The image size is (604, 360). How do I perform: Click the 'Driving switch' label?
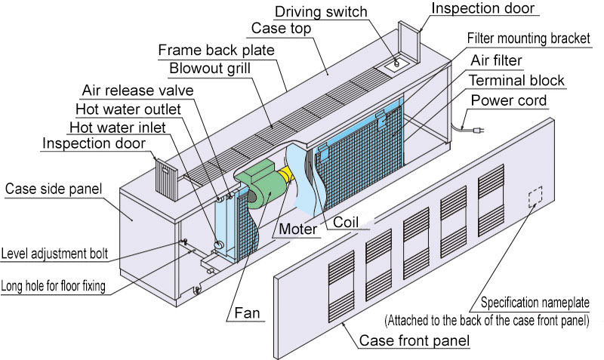point(319,11)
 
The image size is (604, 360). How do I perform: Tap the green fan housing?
point(257,187)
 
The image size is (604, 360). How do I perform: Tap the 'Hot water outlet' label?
point(128,109)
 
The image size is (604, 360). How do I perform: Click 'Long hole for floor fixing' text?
point(63,285)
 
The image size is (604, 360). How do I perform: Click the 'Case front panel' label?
point(414,342)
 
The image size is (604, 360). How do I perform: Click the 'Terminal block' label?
point(516,80)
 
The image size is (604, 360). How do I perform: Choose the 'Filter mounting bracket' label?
point(529,37)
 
